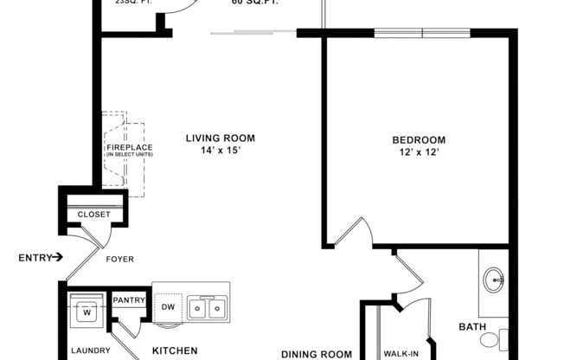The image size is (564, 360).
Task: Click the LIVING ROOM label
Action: click(221, 138)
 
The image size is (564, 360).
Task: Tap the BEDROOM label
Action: click(419, 140)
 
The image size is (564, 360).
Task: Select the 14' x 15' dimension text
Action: click(221, 151)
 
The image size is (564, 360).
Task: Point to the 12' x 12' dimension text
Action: click(419, 153)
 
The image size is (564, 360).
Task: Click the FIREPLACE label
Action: click(130, 147)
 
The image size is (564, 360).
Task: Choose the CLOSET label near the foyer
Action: click(93, 215)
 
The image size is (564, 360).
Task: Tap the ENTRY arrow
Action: click(57, 257)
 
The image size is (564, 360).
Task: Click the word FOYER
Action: click(119, 257)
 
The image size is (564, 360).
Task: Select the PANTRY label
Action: click(128, 300)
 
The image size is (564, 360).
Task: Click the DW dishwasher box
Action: click(168, 307)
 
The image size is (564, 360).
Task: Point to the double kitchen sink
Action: click(208, 308)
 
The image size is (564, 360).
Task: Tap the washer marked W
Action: click(86, 312)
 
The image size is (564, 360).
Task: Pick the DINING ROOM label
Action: click(317, 353)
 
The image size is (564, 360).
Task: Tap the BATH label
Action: click(471, 327)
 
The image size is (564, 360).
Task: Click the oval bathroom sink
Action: click(494, 280)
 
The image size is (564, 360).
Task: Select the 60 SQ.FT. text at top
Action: click(254, 3)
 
